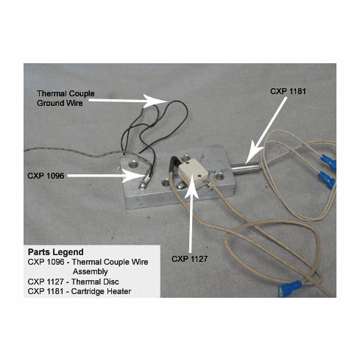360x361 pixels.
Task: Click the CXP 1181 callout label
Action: (x=288, y=91)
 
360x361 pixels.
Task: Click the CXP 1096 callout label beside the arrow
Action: (x=46, y=176)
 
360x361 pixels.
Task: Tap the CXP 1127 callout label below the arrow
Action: (x=189, y=259)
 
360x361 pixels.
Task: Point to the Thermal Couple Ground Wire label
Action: (x=66, y=98)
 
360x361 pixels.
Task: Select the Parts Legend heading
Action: (x=56, y=252)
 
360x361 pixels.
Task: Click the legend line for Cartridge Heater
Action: (x=80, y=291)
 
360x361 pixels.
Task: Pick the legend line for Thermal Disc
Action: (x=74, y=282)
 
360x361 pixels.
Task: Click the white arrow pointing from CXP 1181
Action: (x=266, y=130)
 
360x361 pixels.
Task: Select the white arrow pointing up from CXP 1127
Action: (x=191, y=218)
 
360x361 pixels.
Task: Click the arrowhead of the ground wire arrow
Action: (x=153, y=101)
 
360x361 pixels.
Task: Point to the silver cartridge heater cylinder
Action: (x=244, y=168)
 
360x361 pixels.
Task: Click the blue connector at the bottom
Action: (x=289, y=288)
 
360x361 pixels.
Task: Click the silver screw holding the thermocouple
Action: (x=142, y=185)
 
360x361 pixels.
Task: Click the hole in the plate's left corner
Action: (x=133, y=163)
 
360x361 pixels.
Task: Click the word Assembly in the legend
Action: (x=90, y=271)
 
